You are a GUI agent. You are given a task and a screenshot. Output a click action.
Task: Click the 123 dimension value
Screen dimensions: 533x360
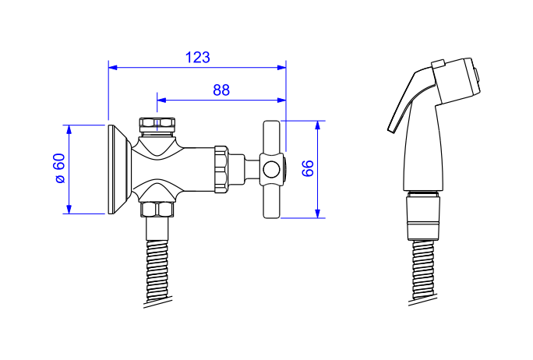pyautogui.click(x=197, y=58)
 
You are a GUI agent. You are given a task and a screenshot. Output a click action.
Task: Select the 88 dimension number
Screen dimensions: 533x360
pyautogui.click(x=221, y=90)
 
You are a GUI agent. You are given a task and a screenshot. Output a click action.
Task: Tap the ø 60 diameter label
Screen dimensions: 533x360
pyautogui.click(x=60, y=168)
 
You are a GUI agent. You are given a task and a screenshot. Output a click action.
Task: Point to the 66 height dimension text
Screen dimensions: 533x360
pyautogui.click(x=308, y=168)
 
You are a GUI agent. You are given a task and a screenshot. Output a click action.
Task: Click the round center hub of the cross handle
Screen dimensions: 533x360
pyautogui.click(x=272, y=169)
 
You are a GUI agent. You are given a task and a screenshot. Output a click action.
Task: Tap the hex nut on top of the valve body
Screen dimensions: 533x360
pyautogui.click(x=157, y=126)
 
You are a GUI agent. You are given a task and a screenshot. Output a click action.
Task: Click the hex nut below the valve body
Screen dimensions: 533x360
pyautogui.click(x=157, y=210)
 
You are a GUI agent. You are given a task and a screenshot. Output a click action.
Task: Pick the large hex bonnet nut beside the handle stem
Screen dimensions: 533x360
pyautogui.click(x=221, y=169)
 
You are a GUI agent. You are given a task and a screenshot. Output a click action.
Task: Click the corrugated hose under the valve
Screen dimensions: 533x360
pyautogui.click(x=157, y=272)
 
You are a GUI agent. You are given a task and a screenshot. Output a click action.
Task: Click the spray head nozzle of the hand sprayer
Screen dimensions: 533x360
pyautogui.click(x=456, y=80)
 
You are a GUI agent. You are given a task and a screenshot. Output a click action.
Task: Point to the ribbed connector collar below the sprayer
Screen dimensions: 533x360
pyautogui.click(x=424, y=216)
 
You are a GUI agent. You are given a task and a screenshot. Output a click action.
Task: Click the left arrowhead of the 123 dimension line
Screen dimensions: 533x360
pyautogui.click(x=112, y=67)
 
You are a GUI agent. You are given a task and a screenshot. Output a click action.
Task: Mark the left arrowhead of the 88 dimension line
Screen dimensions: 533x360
pyautogui.click(x=161, y=100)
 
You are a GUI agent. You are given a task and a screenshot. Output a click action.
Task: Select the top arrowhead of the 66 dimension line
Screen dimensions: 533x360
pyautogui.click(x=317, y=125)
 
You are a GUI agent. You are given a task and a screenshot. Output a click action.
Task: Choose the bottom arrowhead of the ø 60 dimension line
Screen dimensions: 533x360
pyautogui.click(x=69, y=210)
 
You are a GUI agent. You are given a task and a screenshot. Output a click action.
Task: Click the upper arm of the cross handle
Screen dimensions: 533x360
pyautogui.click(x=272, y=137)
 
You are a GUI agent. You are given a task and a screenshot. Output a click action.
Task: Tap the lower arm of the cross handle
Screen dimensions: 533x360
pyautogui.click(x=272, y=202)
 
